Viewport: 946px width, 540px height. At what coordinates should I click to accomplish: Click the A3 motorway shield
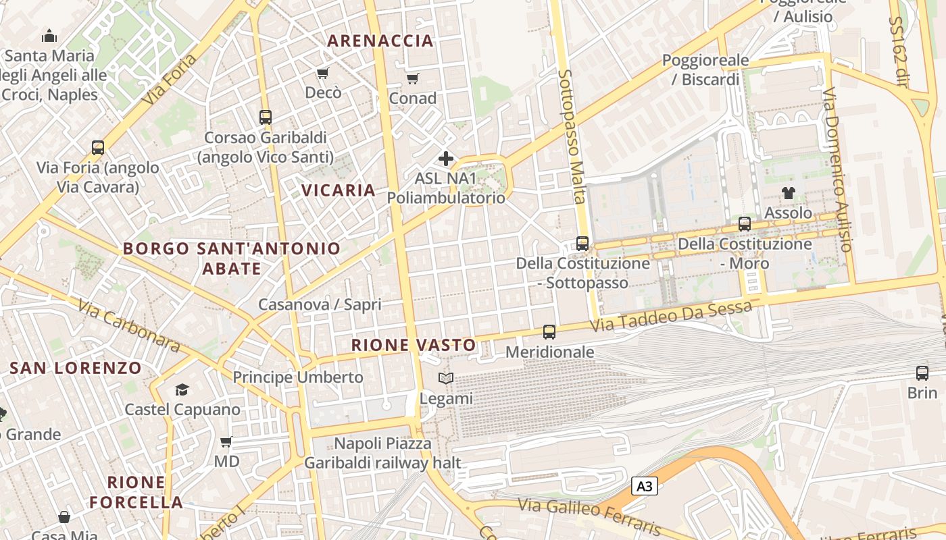645,486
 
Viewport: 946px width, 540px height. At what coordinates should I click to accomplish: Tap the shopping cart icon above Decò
323,73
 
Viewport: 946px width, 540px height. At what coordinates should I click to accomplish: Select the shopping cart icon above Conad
413,78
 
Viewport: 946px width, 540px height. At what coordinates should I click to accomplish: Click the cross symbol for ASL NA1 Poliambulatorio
446,159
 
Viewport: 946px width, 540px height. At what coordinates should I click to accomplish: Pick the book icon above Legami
446,379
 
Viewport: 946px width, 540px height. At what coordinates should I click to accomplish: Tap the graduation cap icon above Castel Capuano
182,389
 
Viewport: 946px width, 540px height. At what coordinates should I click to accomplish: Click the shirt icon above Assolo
788,193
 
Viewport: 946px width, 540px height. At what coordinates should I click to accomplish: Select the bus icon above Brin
922,373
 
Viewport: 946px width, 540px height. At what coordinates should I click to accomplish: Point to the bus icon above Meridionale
549,332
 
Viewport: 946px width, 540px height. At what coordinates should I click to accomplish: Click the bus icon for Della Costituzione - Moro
745,224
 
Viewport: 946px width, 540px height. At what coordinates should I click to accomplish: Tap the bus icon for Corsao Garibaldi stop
266,117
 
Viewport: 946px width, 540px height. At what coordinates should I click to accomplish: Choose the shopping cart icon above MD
226,442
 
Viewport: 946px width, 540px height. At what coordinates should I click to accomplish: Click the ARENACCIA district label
380,40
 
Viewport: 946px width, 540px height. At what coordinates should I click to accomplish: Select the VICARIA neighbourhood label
339,190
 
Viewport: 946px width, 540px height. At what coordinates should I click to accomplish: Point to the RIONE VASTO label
414,345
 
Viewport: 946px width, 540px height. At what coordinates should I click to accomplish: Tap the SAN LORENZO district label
76,368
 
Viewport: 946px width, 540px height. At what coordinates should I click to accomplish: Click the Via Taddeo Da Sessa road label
671,316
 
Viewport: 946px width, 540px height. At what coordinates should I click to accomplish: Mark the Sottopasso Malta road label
572,136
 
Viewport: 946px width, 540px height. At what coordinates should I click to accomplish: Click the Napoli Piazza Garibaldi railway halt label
382,453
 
